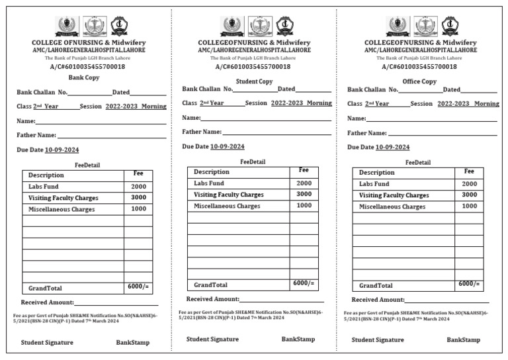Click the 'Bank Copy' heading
click(x=84, y=77)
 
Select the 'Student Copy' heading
click(x=254, y=81)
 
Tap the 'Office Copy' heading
click(x=419, y=81)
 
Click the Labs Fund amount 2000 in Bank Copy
click(x=138, y=187)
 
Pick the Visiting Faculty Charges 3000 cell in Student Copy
click(x=304, y=194)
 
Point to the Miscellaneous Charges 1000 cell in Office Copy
click(x=469, y=206)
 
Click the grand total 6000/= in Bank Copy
click(x=138, y=287)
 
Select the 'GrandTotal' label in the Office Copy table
click(x=376, y=286)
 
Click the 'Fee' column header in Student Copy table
click(x=304, y=170)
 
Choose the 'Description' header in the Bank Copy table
click(x=46, y=175)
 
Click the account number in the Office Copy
click(x=419, y=66)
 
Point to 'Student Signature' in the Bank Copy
click(x=47, y=342)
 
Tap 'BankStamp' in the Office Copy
click(x=463, y=339)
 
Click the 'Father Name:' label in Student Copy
click(x=202, y=132)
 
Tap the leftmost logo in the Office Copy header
click(x=398, y=26)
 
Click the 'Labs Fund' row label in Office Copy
click(x=374, y=184)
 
